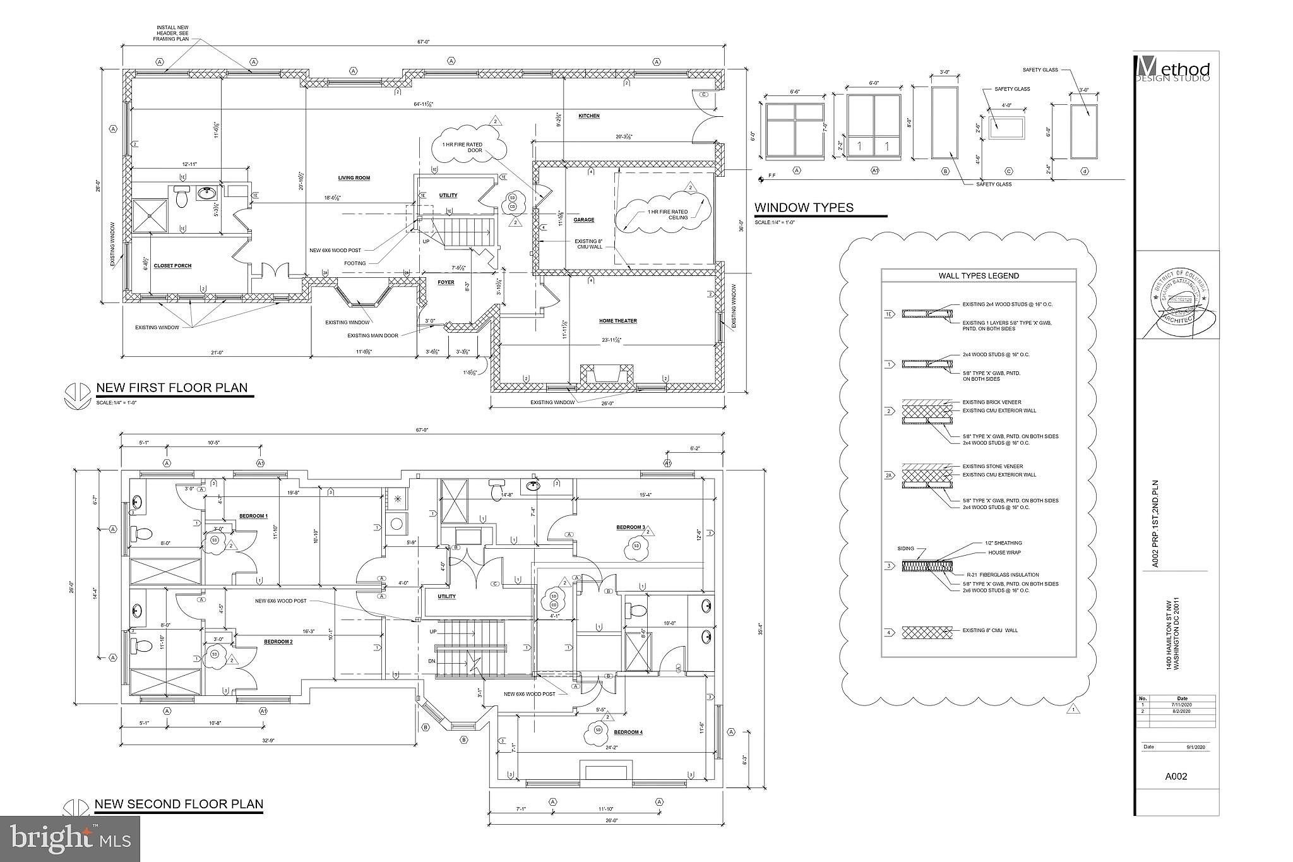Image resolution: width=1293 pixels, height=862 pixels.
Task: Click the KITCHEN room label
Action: [x=588, y=116]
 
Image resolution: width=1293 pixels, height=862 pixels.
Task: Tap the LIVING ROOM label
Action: [x=354, y=178]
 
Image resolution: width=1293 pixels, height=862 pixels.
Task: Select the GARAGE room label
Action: [x=583, y=220]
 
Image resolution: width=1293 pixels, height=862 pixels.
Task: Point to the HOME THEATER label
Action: [x=617, y=321]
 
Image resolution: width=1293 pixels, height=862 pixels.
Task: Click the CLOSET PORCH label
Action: [x=172, y=266]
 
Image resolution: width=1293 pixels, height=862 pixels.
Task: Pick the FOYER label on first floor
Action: [x=446, y=282]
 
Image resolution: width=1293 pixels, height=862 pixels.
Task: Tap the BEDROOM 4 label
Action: [x=628, y=733]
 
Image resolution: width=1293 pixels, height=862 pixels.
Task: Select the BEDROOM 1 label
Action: [x=253, y=516]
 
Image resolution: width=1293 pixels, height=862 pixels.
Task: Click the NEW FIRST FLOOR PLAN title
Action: [x=172, y=388]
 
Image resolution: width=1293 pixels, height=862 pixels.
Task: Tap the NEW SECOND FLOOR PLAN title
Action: [x=179, y=804]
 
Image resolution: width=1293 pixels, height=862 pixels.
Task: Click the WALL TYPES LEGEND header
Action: [x=978, y=275]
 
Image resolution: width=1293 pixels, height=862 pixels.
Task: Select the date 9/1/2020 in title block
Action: [x=1196, y=746]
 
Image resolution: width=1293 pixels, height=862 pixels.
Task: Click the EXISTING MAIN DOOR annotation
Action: [x=372, y=335]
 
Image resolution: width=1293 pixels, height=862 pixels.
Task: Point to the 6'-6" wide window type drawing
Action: [x=795, y=129]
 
